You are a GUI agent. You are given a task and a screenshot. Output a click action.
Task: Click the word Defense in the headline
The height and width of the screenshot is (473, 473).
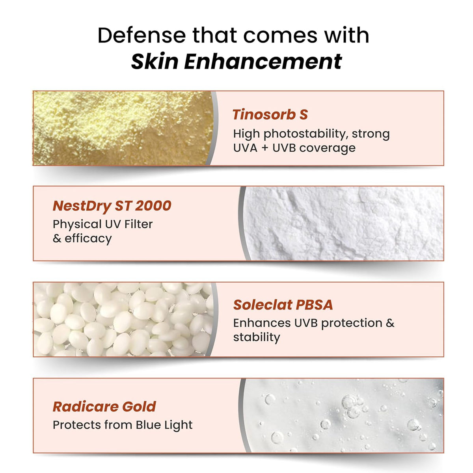pos(142,35)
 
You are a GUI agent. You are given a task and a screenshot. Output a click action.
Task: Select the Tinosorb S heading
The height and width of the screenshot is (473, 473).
pos(270,115)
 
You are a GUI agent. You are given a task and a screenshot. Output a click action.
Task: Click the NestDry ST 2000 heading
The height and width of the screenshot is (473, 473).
pos(112,206)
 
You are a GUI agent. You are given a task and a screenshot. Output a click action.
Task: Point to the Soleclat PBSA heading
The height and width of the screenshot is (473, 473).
pos(283,305)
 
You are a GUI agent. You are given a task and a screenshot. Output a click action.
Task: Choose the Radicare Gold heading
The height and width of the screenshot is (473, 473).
pos(104,407)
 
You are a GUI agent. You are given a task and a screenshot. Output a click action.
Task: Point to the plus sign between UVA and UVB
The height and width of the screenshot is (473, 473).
pos(265,148)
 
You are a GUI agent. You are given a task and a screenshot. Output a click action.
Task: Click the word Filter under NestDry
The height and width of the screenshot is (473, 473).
pos(138,224)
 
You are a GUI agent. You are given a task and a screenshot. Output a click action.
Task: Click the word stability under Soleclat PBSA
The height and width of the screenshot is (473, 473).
pos(256,337)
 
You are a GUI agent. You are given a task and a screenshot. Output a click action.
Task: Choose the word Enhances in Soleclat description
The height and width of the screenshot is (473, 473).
pos(262,323)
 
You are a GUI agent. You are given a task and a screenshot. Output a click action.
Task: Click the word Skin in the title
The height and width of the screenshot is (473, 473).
pos(155,61)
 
